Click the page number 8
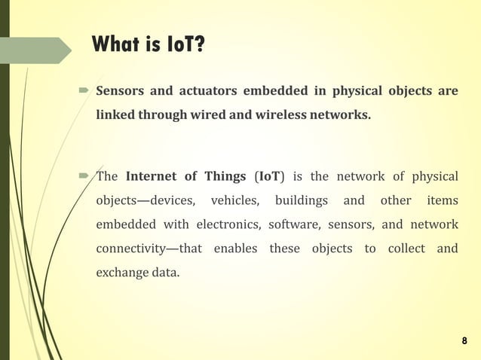pos(464,341)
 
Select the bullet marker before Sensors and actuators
pos(84,92)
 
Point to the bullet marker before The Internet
pos(84,177)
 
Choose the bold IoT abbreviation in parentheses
pos(268,176)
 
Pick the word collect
pos(406,249)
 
